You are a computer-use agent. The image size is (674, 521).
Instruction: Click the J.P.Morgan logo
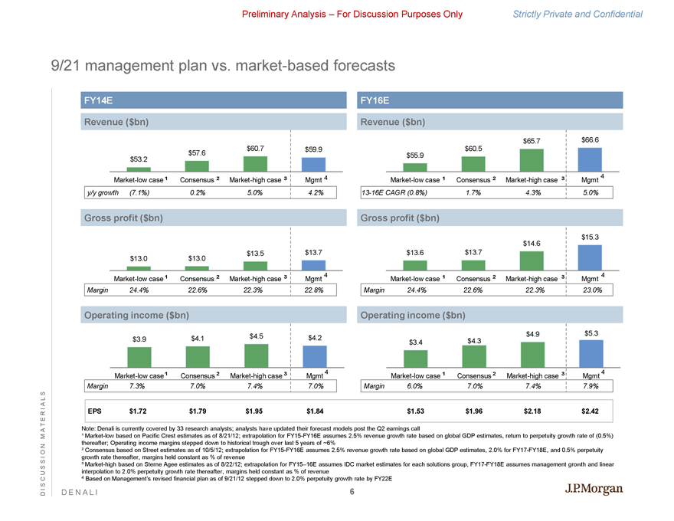pos(594,490)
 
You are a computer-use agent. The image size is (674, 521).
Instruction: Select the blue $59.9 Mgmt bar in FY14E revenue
pos(313,165)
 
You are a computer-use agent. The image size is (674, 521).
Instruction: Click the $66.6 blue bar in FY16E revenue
pos(590,159)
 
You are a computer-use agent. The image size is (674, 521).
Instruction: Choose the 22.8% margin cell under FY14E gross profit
pos(313,290)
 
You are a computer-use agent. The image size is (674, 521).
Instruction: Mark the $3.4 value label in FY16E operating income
pos(416,342)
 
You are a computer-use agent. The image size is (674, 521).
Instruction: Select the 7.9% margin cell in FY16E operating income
pos(590,386)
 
